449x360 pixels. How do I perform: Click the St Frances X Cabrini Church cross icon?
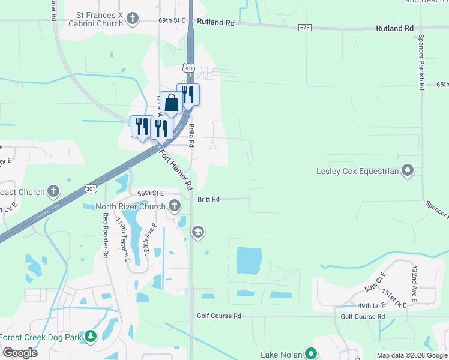pos(133,20)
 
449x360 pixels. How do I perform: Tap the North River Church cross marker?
pos(175,206)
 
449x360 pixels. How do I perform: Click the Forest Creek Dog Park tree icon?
pos(91,337)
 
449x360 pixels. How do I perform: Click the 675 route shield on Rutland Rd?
pos(304,28)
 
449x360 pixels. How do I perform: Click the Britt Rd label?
pos(208,199)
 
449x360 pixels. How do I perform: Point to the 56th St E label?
pos(151,193)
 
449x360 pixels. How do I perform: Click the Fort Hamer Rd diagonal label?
pos(177,167)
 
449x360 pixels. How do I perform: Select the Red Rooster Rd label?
pos(106,236)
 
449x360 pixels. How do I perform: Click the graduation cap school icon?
pos(197,232)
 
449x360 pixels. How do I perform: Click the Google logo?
pos(20,352)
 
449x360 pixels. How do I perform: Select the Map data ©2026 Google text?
pos(412,355)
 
